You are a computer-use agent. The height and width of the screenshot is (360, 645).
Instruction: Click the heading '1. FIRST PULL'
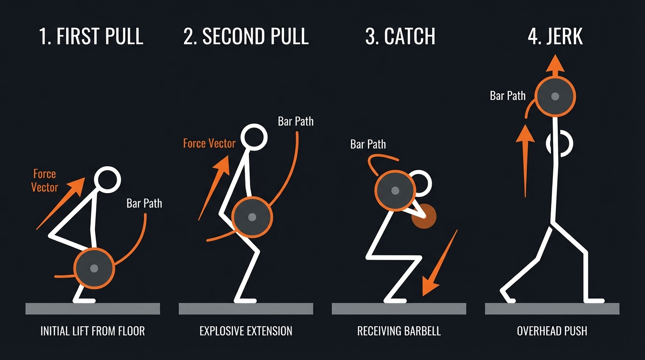[x=91, y=37]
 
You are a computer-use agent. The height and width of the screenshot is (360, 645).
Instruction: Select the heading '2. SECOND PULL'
[x=246, y=37]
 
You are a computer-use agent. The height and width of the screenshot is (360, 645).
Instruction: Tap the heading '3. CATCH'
[x=400, y=37]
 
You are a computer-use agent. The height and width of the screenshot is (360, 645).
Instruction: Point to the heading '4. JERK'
[x=555, y=37]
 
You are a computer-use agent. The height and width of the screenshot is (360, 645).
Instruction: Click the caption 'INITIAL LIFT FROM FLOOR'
[x=92, y=331]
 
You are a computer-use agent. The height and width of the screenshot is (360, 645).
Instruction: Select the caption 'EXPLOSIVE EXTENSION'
[x=246, y=331]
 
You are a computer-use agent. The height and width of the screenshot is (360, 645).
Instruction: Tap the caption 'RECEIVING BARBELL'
[x=399, y=331]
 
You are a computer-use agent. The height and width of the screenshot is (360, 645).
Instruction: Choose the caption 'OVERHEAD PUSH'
[x=552, y=331]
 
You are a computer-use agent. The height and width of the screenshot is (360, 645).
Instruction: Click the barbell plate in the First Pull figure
[x=94, y=268]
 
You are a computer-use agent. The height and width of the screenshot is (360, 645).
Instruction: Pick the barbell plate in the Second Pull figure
[x=252, y=217]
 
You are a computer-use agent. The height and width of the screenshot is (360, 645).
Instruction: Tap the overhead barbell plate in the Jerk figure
[x=555, y=97]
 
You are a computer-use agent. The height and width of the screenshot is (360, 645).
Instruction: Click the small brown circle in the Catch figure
[x=424, y=216]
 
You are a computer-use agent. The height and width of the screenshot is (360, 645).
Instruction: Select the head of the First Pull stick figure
[x=107, y=180]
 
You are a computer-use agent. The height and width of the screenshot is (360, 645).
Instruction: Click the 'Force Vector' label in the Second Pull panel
[x=209, y=143]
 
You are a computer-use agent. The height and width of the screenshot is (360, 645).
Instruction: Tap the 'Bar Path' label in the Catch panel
[x=368, y=144]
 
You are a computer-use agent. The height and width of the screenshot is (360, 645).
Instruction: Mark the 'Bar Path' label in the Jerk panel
[x=508, y=96]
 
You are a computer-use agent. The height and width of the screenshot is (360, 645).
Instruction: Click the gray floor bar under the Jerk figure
[x=552, y=308]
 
